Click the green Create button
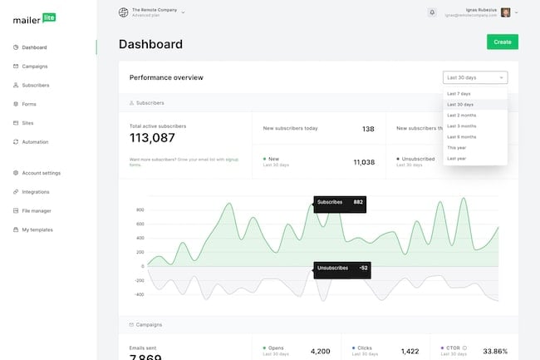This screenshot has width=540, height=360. (502, 42)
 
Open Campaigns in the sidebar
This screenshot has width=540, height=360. (34, 66)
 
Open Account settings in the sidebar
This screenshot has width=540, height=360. (41, 173)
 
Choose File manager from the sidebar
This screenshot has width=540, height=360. (37, 210)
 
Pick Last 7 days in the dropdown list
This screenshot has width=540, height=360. (459, 94)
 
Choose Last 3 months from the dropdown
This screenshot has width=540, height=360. (461, 126)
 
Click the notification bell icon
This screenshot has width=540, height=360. (432, 12)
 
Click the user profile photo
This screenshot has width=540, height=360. (505, 12)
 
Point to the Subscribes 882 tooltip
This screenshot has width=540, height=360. (339, 202)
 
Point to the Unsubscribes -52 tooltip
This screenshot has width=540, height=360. (339, 268)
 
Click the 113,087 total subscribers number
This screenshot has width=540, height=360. (152, 138)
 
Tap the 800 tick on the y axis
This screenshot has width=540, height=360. (140, 210)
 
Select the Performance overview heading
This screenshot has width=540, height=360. (166, 77)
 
